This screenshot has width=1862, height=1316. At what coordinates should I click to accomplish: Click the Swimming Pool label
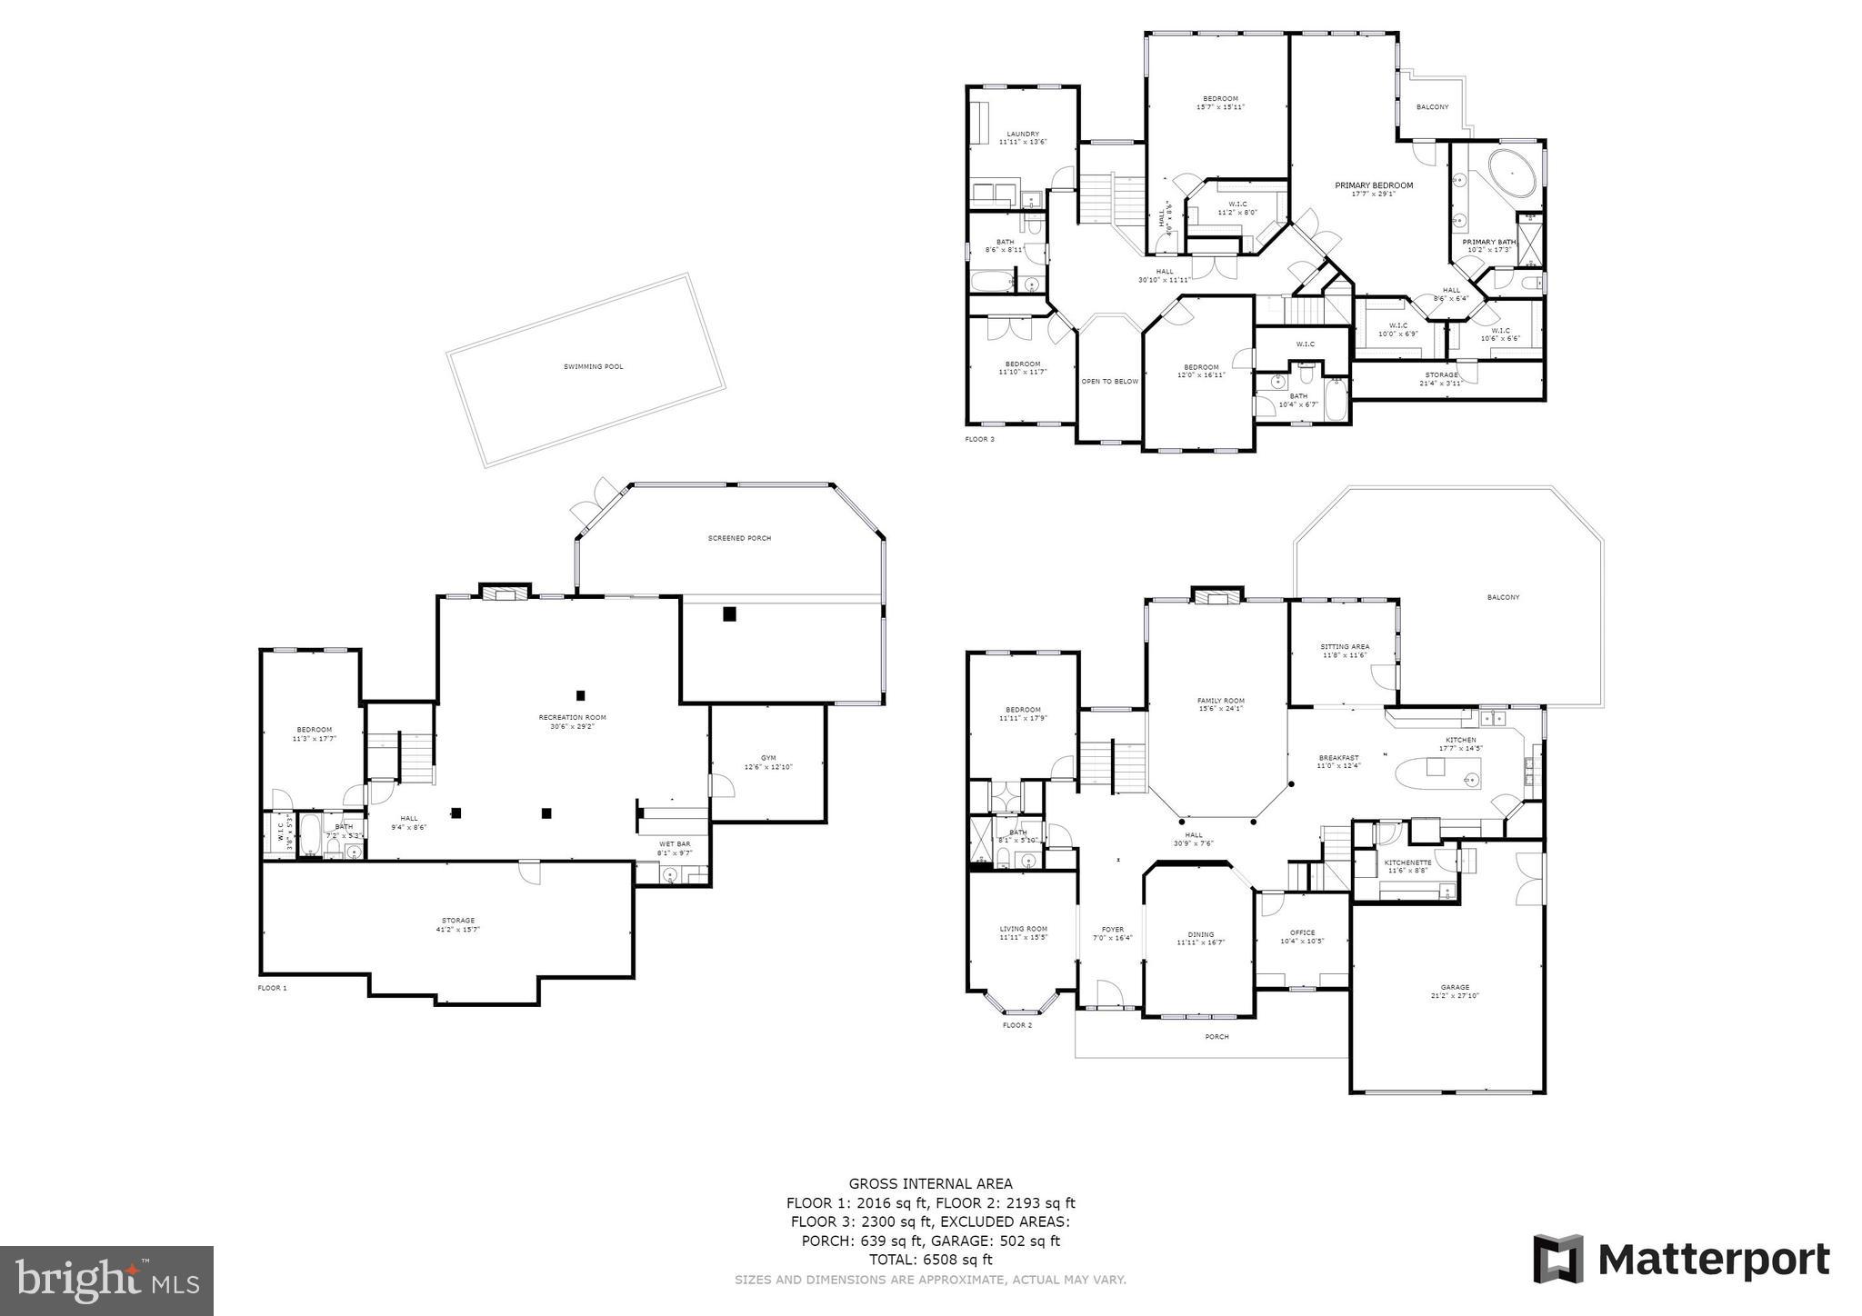tap(593, 366)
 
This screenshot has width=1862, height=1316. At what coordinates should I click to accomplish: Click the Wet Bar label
tap(674, 844)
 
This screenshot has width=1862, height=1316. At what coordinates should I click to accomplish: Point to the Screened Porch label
tap(739, 538)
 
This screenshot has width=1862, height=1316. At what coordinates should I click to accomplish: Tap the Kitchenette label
tap(1407, 862)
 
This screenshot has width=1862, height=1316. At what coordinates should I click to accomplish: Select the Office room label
tap(1302, 932)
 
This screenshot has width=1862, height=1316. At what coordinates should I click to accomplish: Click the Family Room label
tap(1220, 701)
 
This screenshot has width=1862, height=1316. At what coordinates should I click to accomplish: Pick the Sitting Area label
tap(1345, 647)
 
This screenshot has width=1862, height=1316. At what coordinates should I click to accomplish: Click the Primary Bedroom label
tap(1374, 185)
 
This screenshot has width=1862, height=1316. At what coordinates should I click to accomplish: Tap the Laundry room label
tap(1023, 134)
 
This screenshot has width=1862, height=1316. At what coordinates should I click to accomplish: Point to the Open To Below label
tap(1109, 381)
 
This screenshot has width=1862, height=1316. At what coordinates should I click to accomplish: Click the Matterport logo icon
tap(1557, 1259)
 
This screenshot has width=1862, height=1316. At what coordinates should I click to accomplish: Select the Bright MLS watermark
tap(106, 1281)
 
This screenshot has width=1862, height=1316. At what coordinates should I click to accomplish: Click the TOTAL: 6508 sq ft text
tap(930, 1260)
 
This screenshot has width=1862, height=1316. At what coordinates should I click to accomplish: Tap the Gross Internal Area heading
tap(930, 1183)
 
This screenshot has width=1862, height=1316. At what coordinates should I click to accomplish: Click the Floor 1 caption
tap(272, 987)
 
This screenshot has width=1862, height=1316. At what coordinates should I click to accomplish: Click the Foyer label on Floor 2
tap(1113, 930)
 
